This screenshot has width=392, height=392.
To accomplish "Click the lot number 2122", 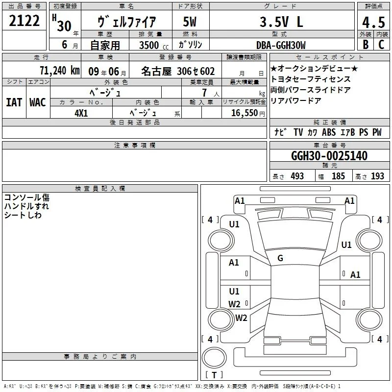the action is click(x=24, y=21).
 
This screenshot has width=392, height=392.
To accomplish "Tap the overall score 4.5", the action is click(x=373, y=22).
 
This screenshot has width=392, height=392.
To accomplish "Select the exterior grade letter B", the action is click(x=366, y=45).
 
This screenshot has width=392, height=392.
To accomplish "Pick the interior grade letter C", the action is click(x=381, y=45).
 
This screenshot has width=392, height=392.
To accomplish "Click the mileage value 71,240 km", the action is click(x=60, y=71).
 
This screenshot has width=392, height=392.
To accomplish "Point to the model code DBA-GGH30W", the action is click(x=281, y=45).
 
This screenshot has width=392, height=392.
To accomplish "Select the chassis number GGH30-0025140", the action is click(x=329, y=155).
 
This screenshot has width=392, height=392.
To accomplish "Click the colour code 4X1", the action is click(x=81, y=113).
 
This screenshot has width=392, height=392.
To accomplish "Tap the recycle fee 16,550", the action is click(x=245, y=113).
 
